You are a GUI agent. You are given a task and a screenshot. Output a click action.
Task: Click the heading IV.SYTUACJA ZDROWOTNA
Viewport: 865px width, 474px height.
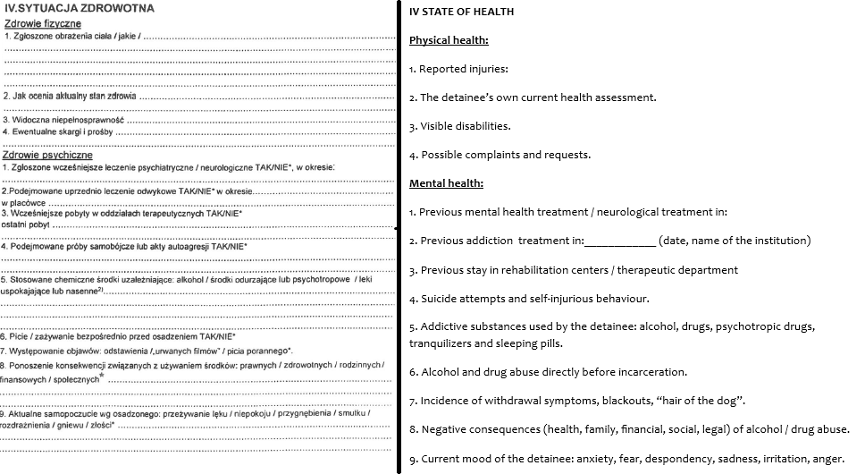tap(79, 8)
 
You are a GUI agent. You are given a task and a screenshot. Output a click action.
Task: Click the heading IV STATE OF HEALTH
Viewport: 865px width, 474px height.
tap(461, 12)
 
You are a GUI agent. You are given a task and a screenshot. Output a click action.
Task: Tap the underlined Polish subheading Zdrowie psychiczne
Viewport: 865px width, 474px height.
tap(47, 155)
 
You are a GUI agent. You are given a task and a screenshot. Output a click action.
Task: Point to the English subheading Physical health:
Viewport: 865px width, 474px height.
tap(449, 40)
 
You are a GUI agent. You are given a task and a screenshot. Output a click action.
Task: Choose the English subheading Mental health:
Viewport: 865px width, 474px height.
tap(446, 183)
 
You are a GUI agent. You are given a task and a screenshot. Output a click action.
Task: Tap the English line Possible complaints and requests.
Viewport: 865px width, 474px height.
tap(500, 155)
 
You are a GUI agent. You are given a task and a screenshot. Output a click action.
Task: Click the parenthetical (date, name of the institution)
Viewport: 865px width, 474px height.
tap(734, 241)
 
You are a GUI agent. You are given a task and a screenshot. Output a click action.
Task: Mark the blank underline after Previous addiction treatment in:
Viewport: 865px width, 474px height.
tap(619, 241)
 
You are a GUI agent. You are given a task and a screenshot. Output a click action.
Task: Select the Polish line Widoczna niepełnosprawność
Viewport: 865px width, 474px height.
tap(64, 119)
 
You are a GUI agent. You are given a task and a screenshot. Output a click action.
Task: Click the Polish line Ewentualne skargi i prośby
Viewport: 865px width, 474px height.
tap(60, 131)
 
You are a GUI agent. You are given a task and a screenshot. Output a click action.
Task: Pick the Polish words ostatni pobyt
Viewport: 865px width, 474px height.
tap(24, 225)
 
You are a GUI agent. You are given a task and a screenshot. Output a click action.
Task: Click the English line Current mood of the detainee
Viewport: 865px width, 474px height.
tap(626, 459)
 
